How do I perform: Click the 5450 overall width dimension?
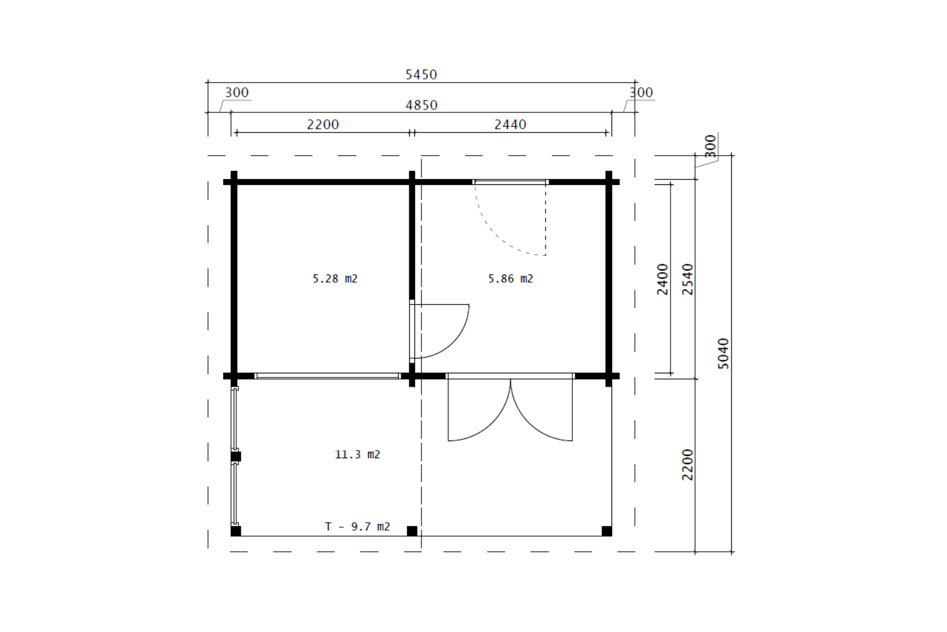421,74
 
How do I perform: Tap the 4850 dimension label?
421,105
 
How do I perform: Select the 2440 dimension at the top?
510,125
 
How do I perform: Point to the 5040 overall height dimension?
723,353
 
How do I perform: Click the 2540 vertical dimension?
688,279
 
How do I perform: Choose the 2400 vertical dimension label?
662,279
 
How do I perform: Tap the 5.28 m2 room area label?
335,279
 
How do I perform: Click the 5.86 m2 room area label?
510,279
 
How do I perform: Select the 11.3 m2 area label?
357,454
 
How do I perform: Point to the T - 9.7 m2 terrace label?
357,526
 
